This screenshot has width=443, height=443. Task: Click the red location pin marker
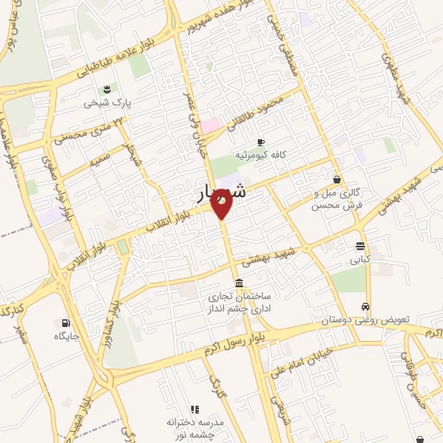coord(221,205)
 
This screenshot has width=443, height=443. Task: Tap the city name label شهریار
coord(216,193)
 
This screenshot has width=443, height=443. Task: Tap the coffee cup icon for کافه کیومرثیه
coord(260,143)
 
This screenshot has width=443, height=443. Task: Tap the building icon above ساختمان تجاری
coord(239,284)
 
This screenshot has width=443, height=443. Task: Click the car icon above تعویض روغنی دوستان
coord(366,306)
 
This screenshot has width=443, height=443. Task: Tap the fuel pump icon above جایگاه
coord(66,321)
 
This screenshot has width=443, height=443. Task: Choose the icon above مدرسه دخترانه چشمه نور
coord(195,409)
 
